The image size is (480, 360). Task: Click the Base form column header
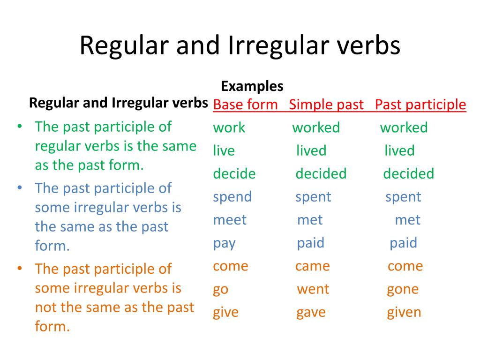245,105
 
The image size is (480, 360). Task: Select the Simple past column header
326,105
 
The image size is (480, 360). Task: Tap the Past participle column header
420,105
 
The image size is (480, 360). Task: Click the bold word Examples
252,86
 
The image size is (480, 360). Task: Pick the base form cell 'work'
229,127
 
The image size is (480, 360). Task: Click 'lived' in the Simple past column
311,150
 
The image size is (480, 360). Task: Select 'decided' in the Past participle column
409,173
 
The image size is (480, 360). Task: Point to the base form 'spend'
232,197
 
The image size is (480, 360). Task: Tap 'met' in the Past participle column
408,220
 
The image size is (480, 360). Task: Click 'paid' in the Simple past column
311,243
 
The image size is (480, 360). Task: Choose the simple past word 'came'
313,266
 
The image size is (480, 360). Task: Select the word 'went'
313,289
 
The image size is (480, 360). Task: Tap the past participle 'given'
404,313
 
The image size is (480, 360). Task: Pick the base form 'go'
221,290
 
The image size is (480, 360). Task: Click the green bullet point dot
20,126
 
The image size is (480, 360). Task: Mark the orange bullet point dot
20,269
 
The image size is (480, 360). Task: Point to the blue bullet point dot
20,187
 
